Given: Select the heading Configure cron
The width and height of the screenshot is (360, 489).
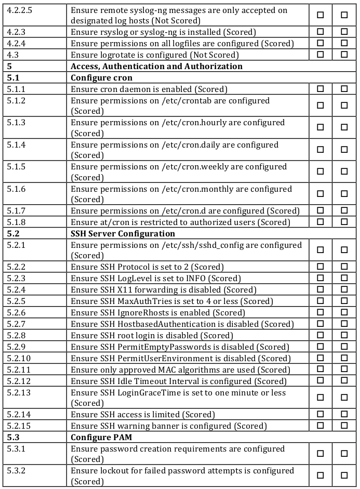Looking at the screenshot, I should coord(102,78).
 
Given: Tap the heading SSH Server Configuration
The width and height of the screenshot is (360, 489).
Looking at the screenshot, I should coord(123,234).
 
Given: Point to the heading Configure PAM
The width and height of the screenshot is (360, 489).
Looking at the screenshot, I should coord(101,438).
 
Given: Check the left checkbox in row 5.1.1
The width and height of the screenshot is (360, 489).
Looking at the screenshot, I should coord(321,89).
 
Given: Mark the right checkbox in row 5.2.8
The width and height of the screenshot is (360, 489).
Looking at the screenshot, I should coord(344,336).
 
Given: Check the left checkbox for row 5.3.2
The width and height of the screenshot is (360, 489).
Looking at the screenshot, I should coord(321,475).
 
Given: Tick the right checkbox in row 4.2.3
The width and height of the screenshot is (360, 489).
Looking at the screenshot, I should coord(344,32).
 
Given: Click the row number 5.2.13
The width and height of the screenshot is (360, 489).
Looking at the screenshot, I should coord(19,393).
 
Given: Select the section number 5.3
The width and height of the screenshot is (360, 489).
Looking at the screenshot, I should coord(14,438).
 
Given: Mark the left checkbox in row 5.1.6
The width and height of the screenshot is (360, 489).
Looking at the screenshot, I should coord(321,194).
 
